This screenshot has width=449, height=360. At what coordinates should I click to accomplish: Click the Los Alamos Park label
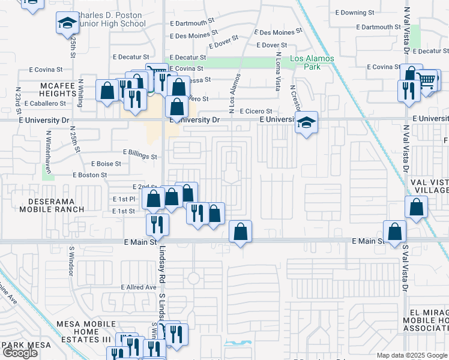click(305, 62)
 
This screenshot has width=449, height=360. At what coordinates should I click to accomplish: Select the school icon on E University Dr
click(306, 123)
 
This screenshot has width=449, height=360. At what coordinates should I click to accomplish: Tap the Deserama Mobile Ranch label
click(52, 205)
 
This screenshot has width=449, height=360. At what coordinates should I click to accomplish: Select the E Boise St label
click(106, 163)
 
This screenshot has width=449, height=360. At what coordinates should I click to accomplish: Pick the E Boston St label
click(89, 175)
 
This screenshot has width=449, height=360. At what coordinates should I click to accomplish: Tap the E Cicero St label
click(256, 112)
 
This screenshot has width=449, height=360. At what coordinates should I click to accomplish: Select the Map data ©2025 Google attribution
click(411, 355)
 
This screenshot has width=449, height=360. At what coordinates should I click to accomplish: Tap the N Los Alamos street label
click(235, 93)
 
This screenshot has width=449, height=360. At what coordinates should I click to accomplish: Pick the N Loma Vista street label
click(277, 71)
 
